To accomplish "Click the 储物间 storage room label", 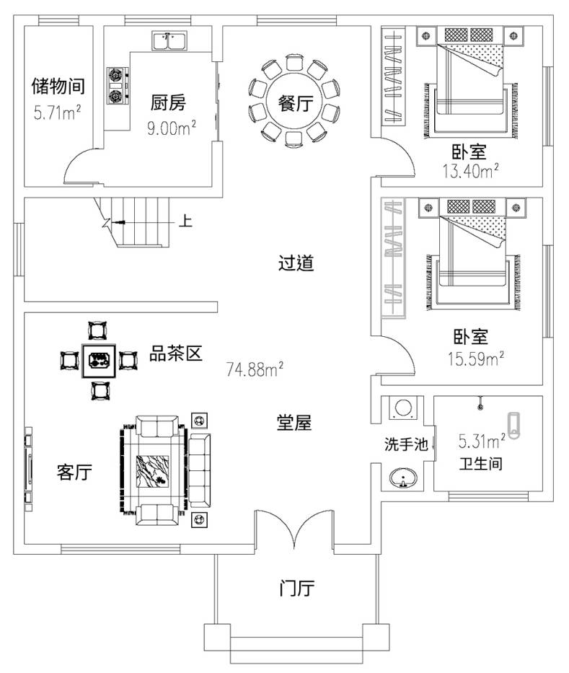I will point(58,87).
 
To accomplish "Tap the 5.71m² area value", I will point(57,113).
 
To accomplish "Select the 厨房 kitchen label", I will point(168,103).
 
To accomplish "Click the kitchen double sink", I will point(170,41).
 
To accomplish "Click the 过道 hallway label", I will point(296,263).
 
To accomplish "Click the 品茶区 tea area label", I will point(175,353).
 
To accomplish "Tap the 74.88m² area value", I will point(255,371).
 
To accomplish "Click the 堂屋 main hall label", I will point(294,423).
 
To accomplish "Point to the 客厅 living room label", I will point(74,472).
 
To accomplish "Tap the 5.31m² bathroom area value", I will point(481,440).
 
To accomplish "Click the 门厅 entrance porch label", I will point(296,589).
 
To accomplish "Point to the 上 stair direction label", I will point(185,221).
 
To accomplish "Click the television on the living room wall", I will point(29,469).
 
